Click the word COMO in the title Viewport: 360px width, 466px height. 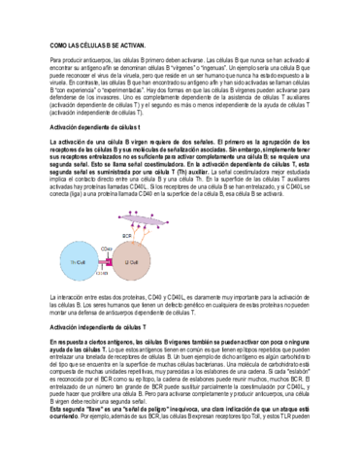coord(57,46)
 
